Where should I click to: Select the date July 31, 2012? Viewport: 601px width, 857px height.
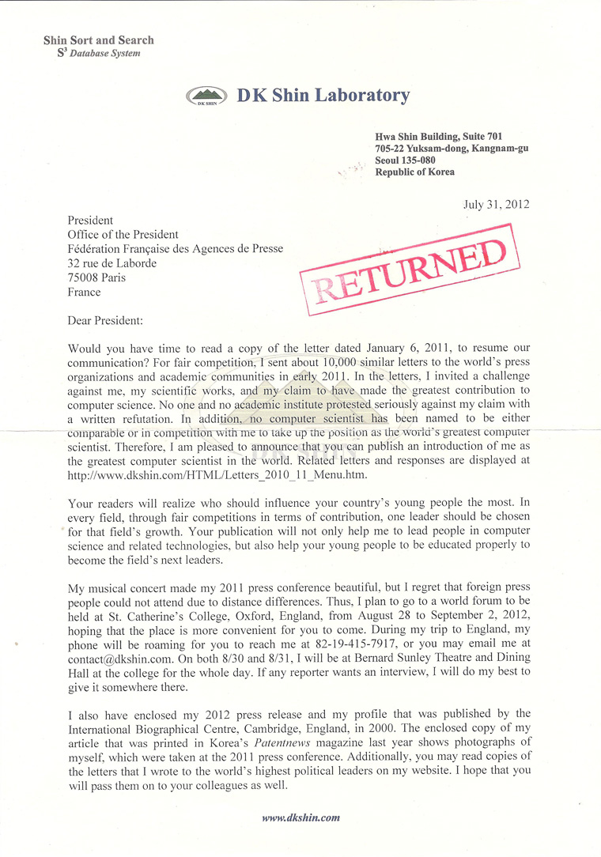pyautogui.click(x=497, y=204)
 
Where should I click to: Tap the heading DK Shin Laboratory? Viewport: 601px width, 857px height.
pyautogui.click(x=323, y=96)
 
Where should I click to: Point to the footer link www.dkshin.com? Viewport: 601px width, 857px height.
pyautogui.click(x=301, y=817)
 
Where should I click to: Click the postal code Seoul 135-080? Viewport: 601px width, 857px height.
pyautogui.click(x=405, y=160)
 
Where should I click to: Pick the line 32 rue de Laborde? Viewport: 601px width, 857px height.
pyautogui.click(x=112, y=263)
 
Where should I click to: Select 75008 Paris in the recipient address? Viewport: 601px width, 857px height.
pyautogui.click(x=97, y=277)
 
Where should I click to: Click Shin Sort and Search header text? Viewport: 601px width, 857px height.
pyautogui.click(x=99, y=40)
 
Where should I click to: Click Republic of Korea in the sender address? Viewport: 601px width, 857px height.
pyautogui.click(x=414, y=172)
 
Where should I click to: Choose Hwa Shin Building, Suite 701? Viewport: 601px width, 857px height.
pyautogui.click(x=438, y=136)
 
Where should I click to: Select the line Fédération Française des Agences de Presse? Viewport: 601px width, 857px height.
pyautogui.click(x=176, y=249)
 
